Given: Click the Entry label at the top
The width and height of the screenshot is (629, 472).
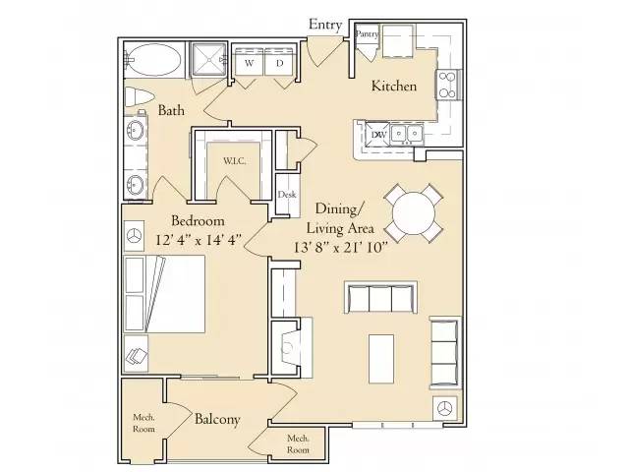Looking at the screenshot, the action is (325, 25).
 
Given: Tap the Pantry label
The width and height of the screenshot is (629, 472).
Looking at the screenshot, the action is (367, 34).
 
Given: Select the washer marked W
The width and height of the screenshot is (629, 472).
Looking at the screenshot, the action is (249, 62).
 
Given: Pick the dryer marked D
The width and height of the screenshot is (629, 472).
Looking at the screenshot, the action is (279, 62).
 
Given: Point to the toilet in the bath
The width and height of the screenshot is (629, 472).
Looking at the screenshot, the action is (139, 97).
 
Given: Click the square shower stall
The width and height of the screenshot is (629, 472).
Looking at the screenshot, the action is (209, 59).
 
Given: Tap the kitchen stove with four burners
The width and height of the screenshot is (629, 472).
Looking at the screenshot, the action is (447, 85).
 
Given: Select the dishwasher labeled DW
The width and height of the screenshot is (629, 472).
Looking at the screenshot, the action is (377, 135).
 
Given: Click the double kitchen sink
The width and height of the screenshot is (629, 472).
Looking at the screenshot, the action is (407, 133).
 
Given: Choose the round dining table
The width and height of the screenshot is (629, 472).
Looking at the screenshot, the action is (414, 213).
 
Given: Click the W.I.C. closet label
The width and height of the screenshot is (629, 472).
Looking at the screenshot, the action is (235, 161).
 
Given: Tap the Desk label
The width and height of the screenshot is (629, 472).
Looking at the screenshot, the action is (287, 195).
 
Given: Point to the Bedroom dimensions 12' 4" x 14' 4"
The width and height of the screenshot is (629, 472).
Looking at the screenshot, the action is (199, 240).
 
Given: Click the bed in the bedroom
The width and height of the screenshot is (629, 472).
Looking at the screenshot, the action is (164, 294).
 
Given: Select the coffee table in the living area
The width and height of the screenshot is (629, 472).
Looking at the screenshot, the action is (381, 359).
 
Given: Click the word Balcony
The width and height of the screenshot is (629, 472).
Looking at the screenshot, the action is (217, 420).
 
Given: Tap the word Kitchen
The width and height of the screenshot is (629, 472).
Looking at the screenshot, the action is (394, 86).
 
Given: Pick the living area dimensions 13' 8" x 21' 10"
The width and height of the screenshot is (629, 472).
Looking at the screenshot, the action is (341, 247).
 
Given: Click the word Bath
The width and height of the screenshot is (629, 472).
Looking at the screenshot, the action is (171, 110).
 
